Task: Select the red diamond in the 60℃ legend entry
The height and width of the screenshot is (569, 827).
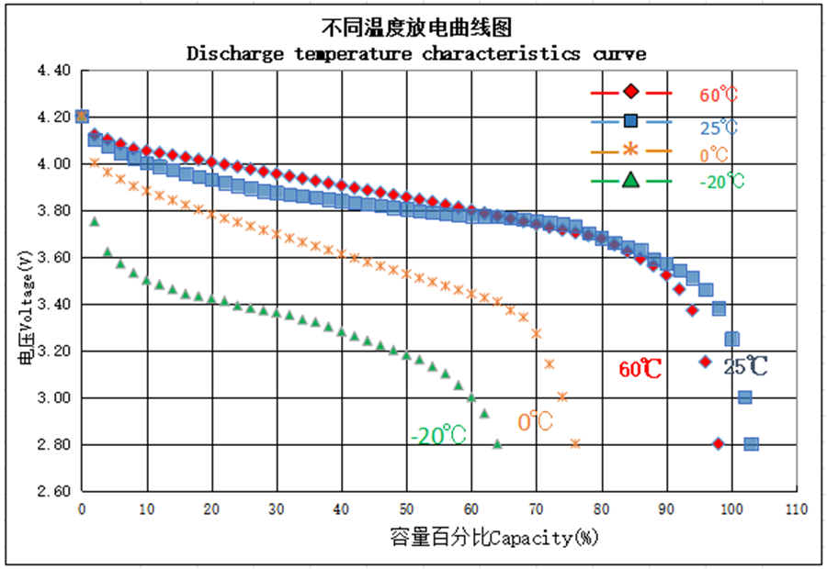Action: pyautogui.click(x=631, y=93)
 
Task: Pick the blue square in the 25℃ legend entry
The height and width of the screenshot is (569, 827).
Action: pyautogui.click(x=631, y=121)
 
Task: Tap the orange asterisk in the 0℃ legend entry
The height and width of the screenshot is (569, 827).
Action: pyautogui.click(x=631, y=150)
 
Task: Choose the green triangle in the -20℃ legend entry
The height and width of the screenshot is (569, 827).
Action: pyautogui.click(x=631, y=180)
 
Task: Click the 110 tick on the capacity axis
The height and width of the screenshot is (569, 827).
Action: pyautogui.click(x=796, y=508)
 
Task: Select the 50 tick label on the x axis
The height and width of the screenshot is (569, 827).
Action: pyautogui.click(x=406, y=508)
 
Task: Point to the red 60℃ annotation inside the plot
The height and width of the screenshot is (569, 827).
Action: pyautogui.click(x=640, y=369)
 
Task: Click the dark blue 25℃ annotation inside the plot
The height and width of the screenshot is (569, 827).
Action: pyautogui.click(x=745, y=366)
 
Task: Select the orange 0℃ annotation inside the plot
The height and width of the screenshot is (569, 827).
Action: pyautogui.click(x=535, y=422)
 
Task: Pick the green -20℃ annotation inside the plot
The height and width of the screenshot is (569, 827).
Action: pyautogui.click(x=437, y=434)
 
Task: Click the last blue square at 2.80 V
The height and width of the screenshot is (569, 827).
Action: pyautogui.click(x=752, y=444)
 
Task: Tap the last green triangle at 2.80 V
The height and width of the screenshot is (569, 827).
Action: pyautogui.click(x=497, y=444)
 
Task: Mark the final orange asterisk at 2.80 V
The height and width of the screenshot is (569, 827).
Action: pyautogui.click(x=575, y=444)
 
